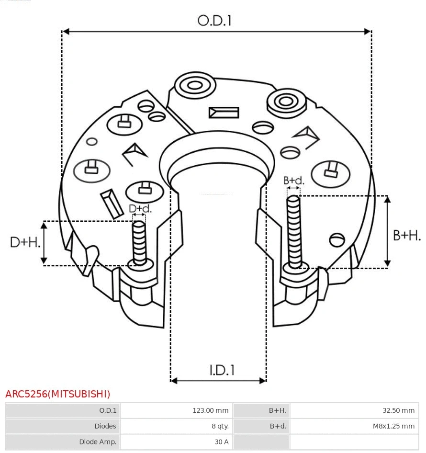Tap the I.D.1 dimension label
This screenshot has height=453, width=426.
click(x=222, y=370)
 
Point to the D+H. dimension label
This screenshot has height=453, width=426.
click(x=24, y=242)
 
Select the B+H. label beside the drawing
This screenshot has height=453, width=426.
click(x=407, y=235)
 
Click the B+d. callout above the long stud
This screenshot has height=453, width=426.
click(x=293, y=181)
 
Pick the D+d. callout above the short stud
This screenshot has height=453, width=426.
click(x=140, y=209)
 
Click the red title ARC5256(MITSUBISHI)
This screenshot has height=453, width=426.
click(x=58, y=394)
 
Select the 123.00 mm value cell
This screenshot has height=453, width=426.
click(x=210, y=410)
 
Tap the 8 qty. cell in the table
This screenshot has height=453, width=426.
click(x=220, y=426)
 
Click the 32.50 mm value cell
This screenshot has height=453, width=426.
click(x=398, y=410)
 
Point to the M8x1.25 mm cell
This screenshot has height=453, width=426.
click(x=394, y=426)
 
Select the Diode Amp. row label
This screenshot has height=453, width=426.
click(x=98, y=442)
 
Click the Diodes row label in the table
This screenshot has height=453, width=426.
click(x=105, y=426)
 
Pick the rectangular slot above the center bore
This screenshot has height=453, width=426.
click(x=224, y=113)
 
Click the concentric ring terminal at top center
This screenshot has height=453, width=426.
click(x=195, y=86)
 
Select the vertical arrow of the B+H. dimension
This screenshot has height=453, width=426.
click(x=388, y=231)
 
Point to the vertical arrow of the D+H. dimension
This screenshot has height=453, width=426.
click(x=44, y=243)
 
